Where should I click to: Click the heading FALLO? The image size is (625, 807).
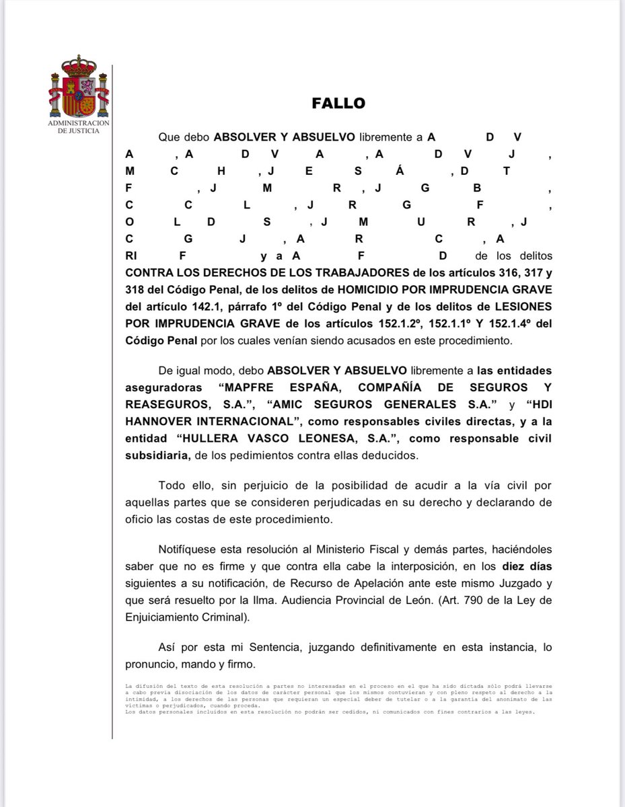point(338,104)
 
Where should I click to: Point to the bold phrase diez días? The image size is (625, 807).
point(525,566)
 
